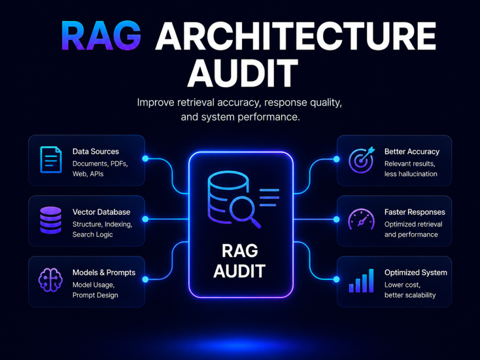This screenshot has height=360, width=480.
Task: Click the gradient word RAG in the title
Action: click(x=101, y=36)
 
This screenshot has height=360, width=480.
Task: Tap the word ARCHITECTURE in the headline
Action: click(x=296, y=36)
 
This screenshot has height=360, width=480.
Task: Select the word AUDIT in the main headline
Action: click(x=242, y=73)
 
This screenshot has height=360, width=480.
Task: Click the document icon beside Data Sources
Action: click(x=51, y=160)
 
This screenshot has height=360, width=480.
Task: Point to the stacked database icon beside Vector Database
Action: click(x=51, y=220)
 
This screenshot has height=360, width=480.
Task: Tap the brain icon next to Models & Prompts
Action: click(x=50, y=280)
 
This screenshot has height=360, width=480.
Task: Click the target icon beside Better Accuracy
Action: click(x=362, y=160)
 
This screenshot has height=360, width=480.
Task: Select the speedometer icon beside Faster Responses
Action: click(x=361, y=219)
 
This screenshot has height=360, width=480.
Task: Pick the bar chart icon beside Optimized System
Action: click(x=361, y=281)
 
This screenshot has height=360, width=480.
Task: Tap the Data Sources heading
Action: click(x=96, y=152)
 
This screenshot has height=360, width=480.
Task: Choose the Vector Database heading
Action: click(x=101, y=212)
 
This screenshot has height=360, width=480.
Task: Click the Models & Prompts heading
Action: click(x=104, y=273)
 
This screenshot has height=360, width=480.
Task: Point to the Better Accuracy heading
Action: click(x=412, y=152)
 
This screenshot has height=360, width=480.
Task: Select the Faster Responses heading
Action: click(x=415, y=212)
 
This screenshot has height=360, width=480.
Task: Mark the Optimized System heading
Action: click(x=416, y=273)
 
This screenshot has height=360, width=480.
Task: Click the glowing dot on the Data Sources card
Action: click(x=145, y=158)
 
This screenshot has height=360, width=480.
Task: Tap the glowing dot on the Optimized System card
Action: click(x=336, y=279)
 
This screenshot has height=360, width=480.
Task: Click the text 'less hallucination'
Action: click(x=411, y=174)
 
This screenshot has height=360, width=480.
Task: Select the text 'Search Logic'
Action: click(x=93, y=235)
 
